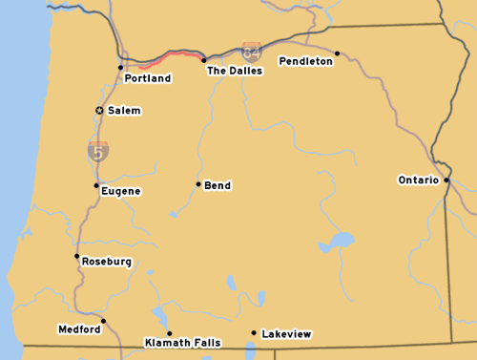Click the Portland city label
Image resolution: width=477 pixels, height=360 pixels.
[x=148, y=78]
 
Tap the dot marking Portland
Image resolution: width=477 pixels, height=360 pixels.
[x=120, y=67]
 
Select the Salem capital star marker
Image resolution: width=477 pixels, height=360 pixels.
[x=99, y=111]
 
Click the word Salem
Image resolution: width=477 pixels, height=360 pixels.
[x=124, y=111]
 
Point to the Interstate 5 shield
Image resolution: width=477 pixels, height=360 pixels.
[x=98, y=150]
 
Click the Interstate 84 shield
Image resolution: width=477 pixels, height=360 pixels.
[x=252, y=52]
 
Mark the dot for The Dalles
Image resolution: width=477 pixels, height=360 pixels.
[x=203, y=59]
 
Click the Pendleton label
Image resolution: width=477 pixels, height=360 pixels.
[x=306, y=61]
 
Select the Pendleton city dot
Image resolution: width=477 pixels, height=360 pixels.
[x=337, y=53]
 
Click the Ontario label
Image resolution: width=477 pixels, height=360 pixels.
[x=418, y=180]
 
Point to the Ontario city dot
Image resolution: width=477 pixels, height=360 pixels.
[x=446, y=179]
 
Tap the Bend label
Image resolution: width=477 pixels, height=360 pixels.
[x=218, y=185]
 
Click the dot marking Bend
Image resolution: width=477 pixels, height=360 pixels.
[x=198, y=184]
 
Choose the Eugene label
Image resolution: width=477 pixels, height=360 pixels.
[x=121, y=191]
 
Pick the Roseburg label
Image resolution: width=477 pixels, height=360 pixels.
[x=107, y=262]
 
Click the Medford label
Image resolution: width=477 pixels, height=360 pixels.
[x=79, y=329]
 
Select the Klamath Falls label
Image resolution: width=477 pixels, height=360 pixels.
[x=183, y=342]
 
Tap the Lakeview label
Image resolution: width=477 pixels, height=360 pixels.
[x=286, y=334]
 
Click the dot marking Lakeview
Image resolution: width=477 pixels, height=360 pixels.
[x=254, y=333]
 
